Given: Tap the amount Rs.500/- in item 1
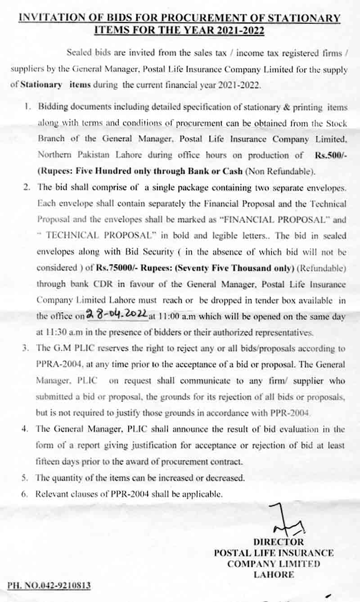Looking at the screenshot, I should pos(330,155).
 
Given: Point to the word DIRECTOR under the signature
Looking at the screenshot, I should pos(278,542).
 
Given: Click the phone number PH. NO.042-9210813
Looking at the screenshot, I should pos(49,585).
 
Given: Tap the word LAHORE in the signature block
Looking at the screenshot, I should pos(274,574).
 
